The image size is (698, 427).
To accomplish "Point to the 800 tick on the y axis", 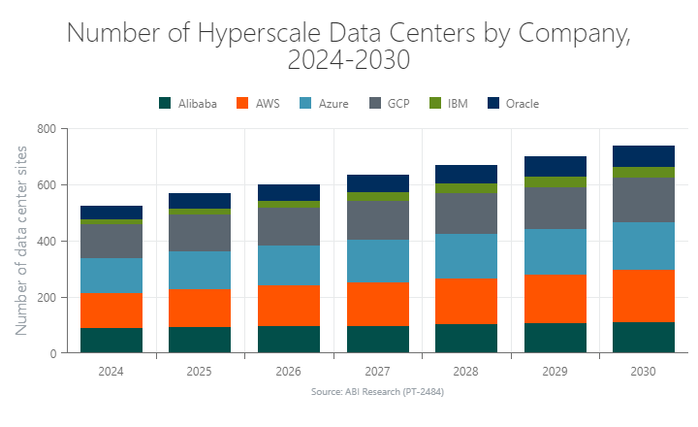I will [46, 128].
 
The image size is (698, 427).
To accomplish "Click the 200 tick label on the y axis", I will [46, 297].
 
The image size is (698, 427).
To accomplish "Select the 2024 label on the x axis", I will [111, 372].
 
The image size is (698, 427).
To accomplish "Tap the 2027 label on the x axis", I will [377, 372].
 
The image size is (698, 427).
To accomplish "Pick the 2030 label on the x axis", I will [643, 372].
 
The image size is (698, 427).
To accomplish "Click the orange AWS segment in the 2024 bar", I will [111, 311].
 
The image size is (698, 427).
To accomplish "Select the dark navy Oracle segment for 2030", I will [643, 156].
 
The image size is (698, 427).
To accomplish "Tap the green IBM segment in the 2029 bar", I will [555, 182].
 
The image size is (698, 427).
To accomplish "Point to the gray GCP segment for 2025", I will [200, 233].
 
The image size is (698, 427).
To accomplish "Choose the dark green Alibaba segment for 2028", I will [465, 339].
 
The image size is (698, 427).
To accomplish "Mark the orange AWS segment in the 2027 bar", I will [377, 304].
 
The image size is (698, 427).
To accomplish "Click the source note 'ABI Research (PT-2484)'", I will [377, 392].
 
